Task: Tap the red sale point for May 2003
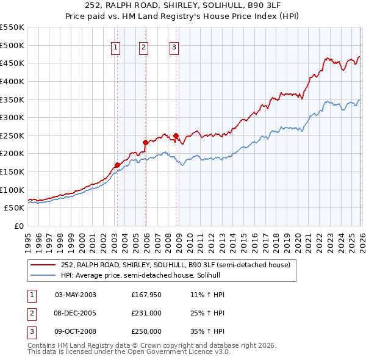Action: (117, 165)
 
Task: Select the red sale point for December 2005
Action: (145, 142)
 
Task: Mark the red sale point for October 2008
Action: (176, 135)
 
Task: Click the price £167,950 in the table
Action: (146, 295)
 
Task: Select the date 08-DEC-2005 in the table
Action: (75, 313)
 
